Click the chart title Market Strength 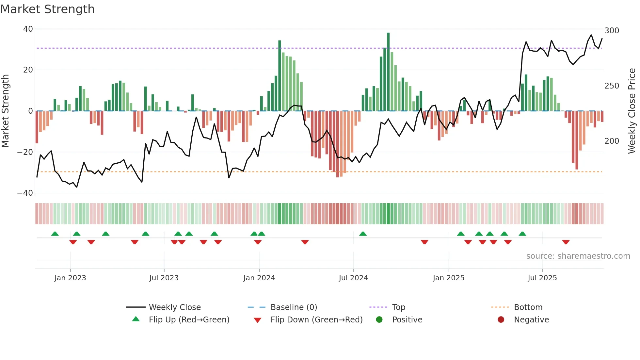pos(47,9)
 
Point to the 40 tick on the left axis pos(28,29)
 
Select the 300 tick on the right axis pos(612,31)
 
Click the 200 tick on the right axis pos(612,141)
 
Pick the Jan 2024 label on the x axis pos(259,278)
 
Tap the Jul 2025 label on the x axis pos(542,278)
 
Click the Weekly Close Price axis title pos(632,111)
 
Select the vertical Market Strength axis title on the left pos(5,111)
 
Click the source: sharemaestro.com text pos(578,256)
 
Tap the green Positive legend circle pos(379,320)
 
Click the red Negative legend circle pos(501,320)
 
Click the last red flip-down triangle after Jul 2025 pos(566,242)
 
